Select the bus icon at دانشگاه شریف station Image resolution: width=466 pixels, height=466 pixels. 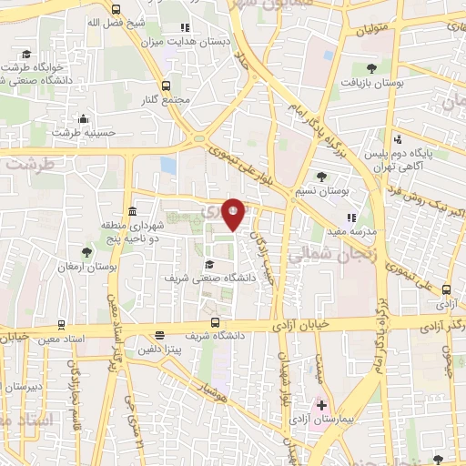[x=215, y=322]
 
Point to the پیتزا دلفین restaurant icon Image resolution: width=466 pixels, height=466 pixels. [x=158, y=334]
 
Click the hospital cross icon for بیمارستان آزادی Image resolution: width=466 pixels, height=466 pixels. [x=319, y=403]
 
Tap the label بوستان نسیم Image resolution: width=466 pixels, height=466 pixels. [x=323, y=190]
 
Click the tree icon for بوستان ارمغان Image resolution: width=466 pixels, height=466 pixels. [x=86, y=252]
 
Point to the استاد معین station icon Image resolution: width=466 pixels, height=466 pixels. [x=60, y=324]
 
